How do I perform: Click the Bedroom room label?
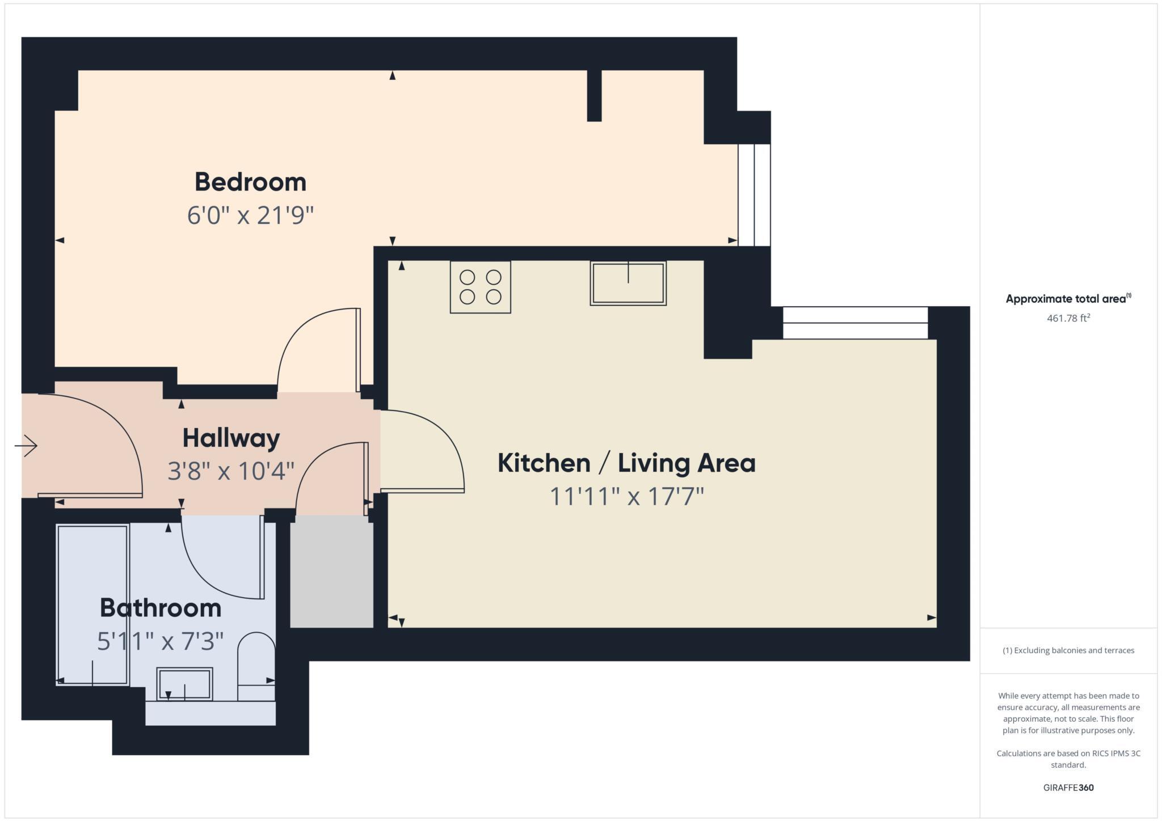[250, 182]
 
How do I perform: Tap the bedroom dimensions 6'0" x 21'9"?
[250, 215]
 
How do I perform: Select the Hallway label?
[231, 438]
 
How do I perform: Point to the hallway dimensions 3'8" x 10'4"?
[231, 471]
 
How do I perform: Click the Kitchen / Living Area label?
[626, 463]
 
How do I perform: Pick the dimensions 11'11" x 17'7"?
[626, 497]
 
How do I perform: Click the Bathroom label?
[161, 608]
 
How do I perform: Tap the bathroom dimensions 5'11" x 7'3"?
[161, 641]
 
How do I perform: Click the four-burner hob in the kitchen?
[480, 287]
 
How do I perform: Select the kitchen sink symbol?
[628, 283]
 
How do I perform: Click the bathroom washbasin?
[184, 684]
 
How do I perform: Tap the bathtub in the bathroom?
[92, 604]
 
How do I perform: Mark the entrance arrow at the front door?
[26, 446]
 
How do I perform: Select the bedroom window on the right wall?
[754, 194]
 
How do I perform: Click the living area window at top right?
[854, 323]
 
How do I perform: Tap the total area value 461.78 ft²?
[1068, 318]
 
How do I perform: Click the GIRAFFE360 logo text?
[1068, 788]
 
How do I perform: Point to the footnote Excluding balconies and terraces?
[1068, 650]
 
